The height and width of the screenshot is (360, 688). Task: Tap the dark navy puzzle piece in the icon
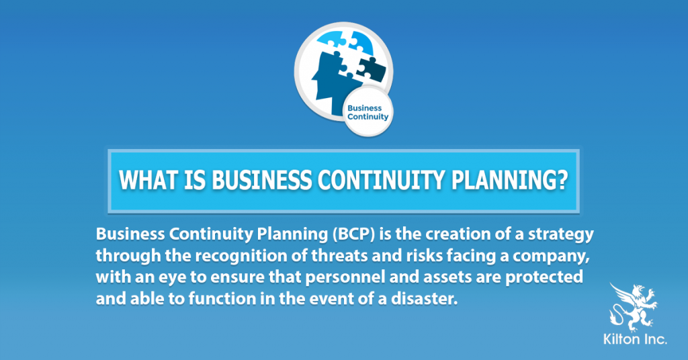(x=369, y=66)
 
